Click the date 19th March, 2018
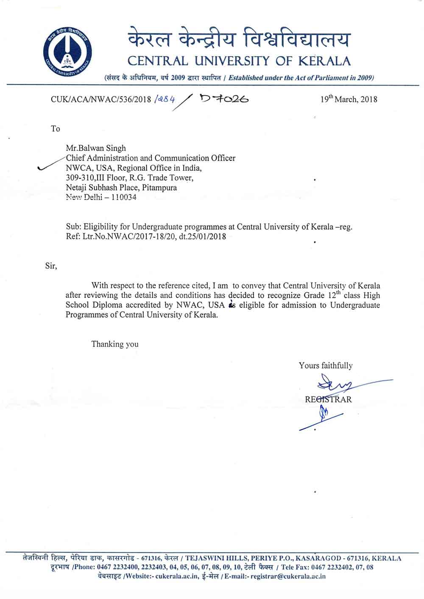click(349, 100)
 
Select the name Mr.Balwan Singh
click(96, 148)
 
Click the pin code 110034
click(123, 197)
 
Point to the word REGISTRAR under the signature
click(328, 399)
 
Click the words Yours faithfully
click(325, 366)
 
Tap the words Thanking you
click(115, 344)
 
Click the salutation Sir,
click(51, 266)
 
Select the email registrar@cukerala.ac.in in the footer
click(288, 576)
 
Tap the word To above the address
click(56, 129)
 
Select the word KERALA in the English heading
click(325, 61)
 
